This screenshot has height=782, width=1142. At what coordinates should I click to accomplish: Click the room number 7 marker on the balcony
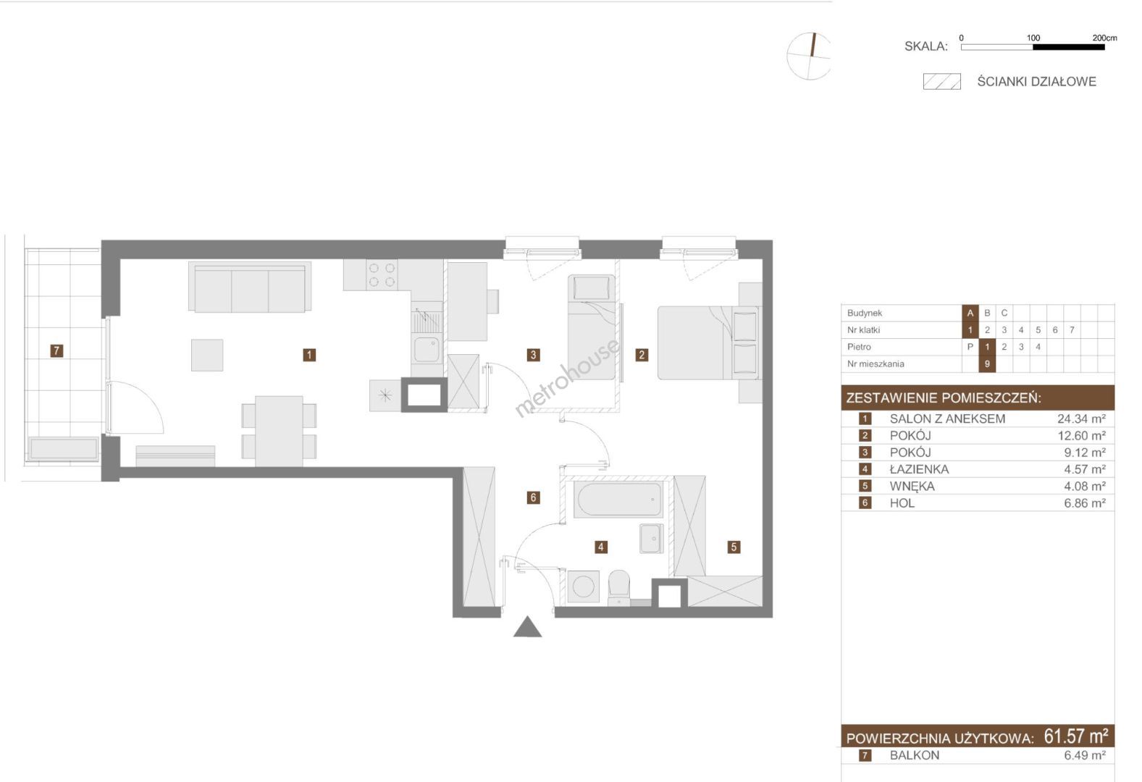click(x=56, y=350)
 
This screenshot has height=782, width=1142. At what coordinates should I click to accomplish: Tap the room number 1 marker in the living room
click(x=309, y=355)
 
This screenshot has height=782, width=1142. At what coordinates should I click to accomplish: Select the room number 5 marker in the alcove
click(x=734, y=547)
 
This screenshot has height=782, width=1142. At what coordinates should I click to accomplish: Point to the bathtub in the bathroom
click(x=618, y=500)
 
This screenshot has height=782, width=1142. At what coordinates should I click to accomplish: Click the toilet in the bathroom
click(x=619, y=586)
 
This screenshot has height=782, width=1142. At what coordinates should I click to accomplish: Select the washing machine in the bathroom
click(x=583, y=586)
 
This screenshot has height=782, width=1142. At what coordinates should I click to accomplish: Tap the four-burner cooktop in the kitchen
click(x=382, y=274)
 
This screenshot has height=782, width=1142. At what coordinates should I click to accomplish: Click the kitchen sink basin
click(x=427, y=349)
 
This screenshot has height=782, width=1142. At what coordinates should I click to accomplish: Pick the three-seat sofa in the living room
click(x=250, y=287)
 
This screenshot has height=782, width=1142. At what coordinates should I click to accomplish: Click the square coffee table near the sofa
click(x=207, y=356)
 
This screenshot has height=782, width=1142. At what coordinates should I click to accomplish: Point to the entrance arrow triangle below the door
click(x=528, y=627)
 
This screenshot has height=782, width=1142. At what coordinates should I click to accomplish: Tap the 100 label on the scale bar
click(x=1033, y=38)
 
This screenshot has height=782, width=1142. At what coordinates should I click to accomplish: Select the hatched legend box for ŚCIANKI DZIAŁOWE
click(x=942, y=82)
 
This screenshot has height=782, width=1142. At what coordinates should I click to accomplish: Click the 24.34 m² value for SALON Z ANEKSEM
click(x=1081, y=419)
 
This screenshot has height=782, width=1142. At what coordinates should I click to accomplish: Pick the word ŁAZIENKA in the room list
click(x=919, y=469)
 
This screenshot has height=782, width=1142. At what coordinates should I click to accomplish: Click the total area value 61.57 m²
click(x=1075, y=736)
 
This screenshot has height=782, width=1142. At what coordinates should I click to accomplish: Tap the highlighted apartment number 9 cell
click(x=987, y=364)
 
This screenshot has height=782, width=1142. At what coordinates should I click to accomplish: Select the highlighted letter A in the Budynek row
click(x=970, y=313)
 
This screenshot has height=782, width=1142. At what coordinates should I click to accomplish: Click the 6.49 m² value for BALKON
click(x=1085, y=755)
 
